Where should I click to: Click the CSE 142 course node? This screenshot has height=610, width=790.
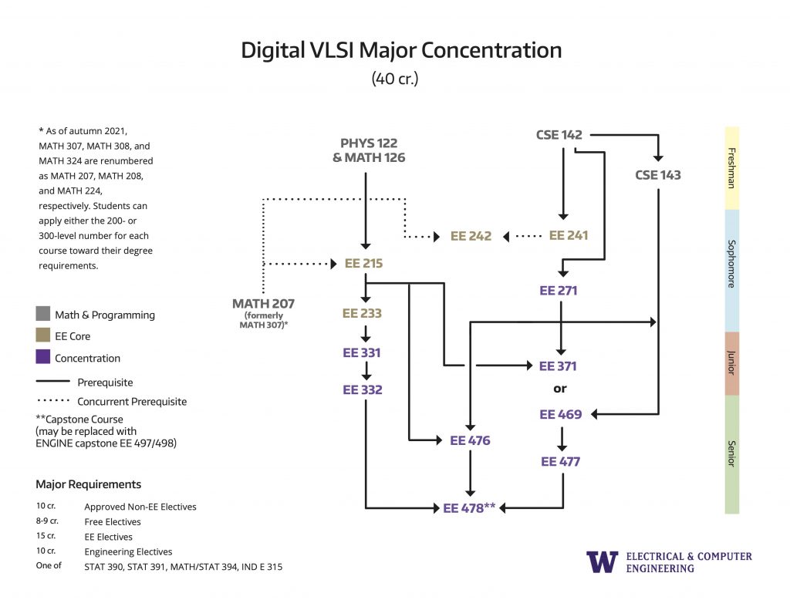pyautogui.click(x=559, y=135)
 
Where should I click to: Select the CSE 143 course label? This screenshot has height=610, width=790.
pyautogui.click(x=658, y=175)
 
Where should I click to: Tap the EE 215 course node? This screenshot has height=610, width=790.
pyautogui.click(x=363, y=263)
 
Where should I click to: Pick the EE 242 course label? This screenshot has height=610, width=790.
pyautogui.click(x=471, y=236)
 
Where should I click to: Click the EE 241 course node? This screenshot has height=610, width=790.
pyautogui.click(x=568, y=235)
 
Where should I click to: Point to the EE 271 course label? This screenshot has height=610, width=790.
pyautogui.click(x=559, y=291)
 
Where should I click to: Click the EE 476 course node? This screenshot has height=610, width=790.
pyautogui.click(x=470, y=440)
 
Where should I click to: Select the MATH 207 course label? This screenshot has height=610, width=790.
pyautogui.click(x=263, y=303)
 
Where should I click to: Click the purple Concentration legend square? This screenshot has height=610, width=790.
pyautogui.click(x=43, y=358)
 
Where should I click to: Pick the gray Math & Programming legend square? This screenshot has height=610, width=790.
pyautogui.click(x=43, y=315)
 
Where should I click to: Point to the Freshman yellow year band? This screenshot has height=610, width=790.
pyautogui.click(x=731, y=167)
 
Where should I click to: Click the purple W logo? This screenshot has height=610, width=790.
pyautogui.click(x=602, y=561)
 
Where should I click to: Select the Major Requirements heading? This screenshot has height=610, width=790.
pyautogui.click(x=88, y=484)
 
